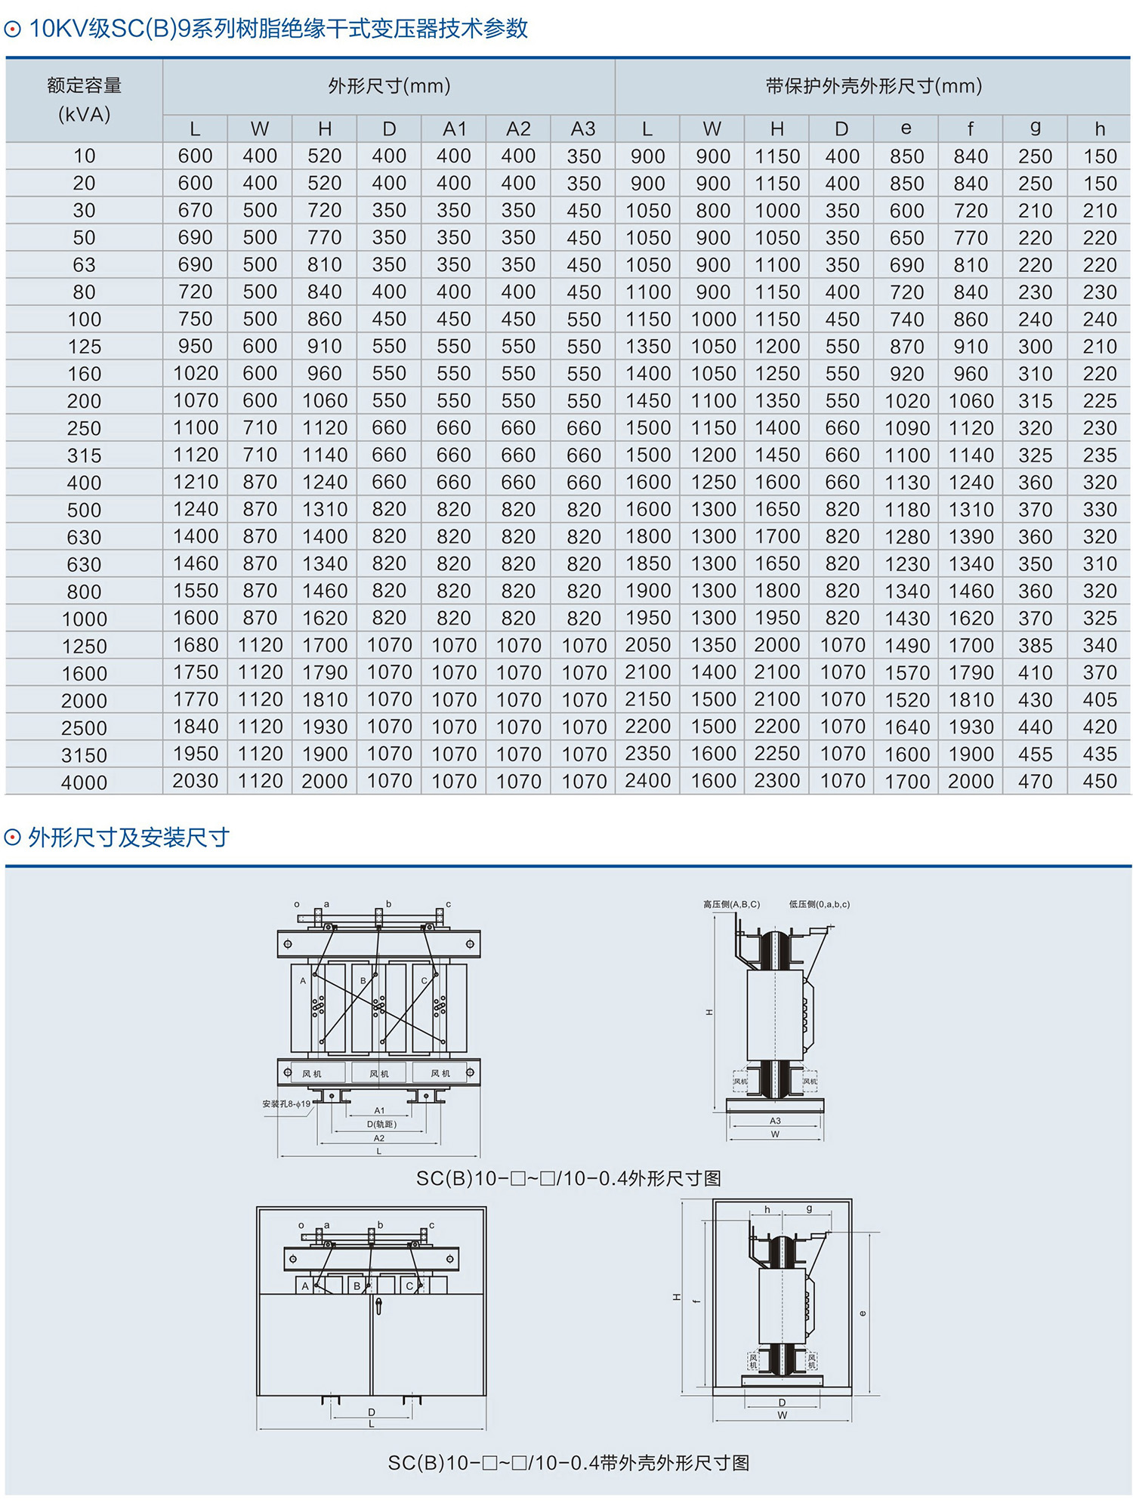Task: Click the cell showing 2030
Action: point(195,781)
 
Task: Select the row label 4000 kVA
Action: point(84,782)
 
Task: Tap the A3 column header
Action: point(583,129)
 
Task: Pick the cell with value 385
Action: point(1035,645)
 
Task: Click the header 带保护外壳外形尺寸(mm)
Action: point(873,86)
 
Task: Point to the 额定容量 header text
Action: point(84,86)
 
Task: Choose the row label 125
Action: point(84,347)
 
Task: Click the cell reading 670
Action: point(195,211)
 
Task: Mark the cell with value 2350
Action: point(647,754)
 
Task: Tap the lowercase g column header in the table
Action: point(1035,128)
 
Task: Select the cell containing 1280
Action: point(906,537)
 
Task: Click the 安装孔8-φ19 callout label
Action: point(286,1104)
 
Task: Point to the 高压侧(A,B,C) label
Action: point(731,904)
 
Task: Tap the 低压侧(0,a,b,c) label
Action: point(819,904)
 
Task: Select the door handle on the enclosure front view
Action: point(378,1304)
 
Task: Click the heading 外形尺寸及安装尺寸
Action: point(128,838)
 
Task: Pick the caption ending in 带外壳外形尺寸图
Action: point(568,1463)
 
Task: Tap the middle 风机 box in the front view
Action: point(379,1073)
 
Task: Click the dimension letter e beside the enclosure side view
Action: point(863,1313)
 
